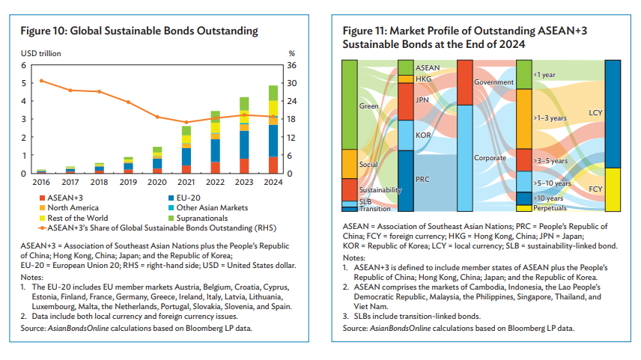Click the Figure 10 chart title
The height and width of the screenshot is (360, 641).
pyautogui.click(x=139, y=31)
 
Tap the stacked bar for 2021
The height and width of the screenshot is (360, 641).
pyautogui.click(x=186, y=150)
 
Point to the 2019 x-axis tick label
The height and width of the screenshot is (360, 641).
pyautogui.click(x=128, y=182)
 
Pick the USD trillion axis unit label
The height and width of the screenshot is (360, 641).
pyautogui.click(x=40, y=53)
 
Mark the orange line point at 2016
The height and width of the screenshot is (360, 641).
pyautogui.click(x=41, y=81)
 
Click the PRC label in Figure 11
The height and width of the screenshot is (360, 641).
pyautogui.click(x=423, y=180)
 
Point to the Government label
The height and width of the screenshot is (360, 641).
pyautogui.click(x=493, y=82)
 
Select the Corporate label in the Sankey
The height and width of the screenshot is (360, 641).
pyautogui.click(x=490, y=158)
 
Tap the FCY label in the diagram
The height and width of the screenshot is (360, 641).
pyautogui.click(x=596, y=189)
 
